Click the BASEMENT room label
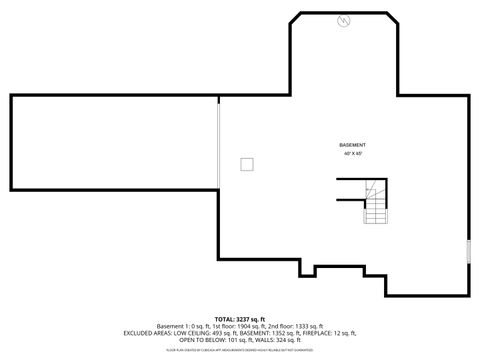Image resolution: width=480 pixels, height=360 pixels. pyautogui.click(x=352, y=146)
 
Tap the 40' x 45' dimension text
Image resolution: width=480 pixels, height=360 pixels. pyautogui.click(x=352, y=154)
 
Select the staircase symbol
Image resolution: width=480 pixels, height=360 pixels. pyautogui.click(x=375, y=200)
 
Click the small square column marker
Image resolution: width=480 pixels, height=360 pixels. pyautogui.click(x=246, y=164)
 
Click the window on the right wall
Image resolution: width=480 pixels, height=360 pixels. pyautogui.click(x=468, y=250)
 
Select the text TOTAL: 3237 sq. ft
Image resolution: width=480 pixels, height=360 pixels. pyautogui.click(x=240, y=319)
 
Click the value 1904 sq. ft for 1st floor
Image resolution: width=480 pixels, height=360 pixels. pyautogui.click(x=250, y=326)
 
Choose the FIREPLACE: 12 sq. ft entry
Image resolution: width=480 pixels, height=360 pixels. pyautogui.click(x=330, y=333)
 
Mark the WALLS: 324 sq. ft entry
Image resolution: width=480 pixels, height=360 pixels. pyautogui.click(x=278, y=340)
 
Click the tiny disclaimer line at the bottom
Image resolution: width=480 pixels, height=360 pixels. pyautogui.click(x=240, y=350)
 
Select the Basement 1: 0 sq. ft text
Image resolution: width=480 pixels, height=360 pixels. pyautogui.click(x=180, y=326)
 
